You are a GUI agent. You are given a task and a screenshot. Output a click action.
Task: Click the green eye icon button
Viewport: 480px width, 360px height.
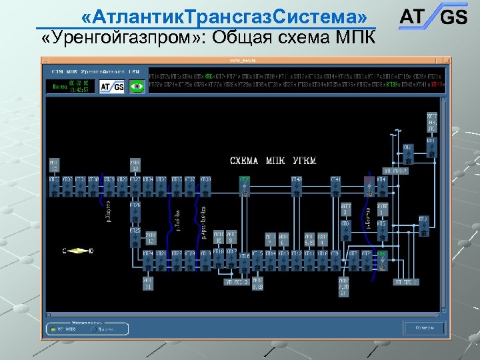coord(137,85)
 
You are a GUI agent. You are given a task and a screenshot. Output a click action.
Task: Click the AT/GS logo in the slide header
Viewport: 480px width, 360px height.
coord(433,17)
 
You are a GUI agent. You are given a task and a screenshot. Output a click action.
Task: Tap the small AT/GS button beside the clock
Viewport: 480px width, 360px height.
coord(112,86)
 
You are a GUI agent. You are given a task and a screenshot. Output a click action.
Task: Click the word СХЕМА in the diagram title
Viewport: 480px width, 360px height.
coord(245,161)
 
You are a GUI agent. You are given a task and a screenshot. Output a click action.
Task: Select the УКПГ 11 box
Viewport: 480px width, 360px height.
coord(147,285)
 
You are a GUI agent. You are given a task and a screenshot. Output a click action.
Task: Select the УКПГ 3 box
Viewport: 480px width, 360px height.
coord(346,209)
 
